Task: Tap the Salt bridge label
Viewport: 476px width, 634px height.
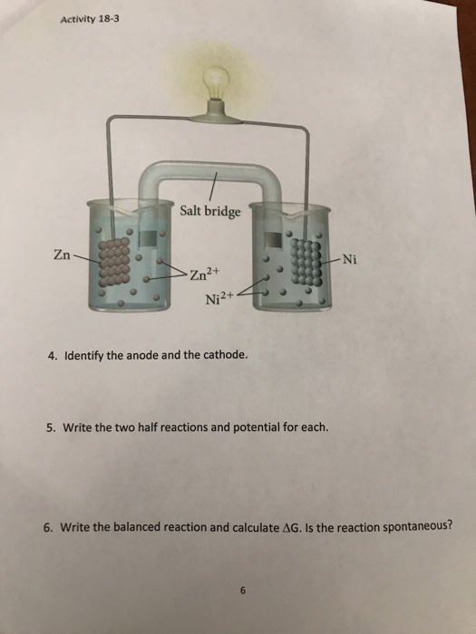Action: tap(210, 212)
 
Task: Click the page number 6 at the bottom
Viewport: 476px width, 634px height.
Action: tap(243, 591)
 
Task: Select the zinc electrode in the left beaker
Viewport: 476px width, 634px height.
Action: tap(112, 274)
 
